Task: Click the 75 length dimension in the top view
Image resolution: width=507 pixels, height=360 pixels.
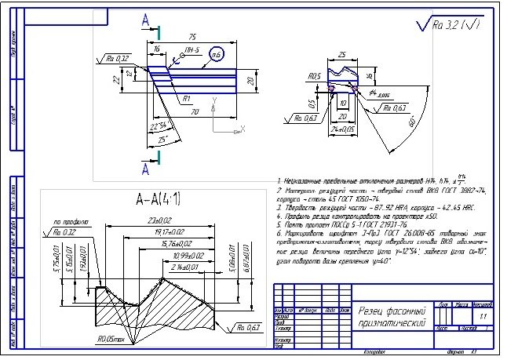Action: point(192,37)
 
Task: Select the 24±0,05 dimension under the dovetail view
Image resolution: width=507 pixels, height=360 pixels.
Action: point(343,126)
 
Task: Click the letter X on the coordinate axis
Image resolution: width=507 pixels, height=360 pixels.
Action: point(244,126)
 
